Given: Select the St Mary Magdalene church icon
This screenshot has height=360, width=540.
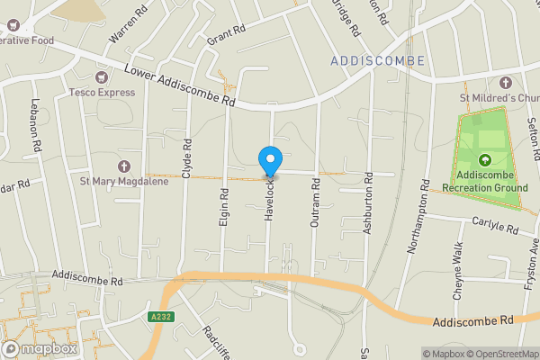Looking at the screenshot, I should click(124, 166).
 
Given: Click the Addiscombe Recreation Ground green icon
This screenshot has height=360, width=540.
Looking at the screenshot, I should click(485, 160).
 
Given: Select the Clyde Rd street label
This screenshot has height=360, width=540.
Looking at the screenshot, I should click(186, 157).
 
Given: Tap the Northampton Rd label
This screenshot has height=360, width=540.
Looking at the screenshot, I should click(418, 217).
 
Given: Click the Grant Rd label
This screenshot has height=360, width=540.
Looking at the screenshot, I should click(226, 36).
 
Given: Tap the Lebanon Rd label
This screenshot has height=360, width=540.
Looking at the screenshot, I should click(35, 123).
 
